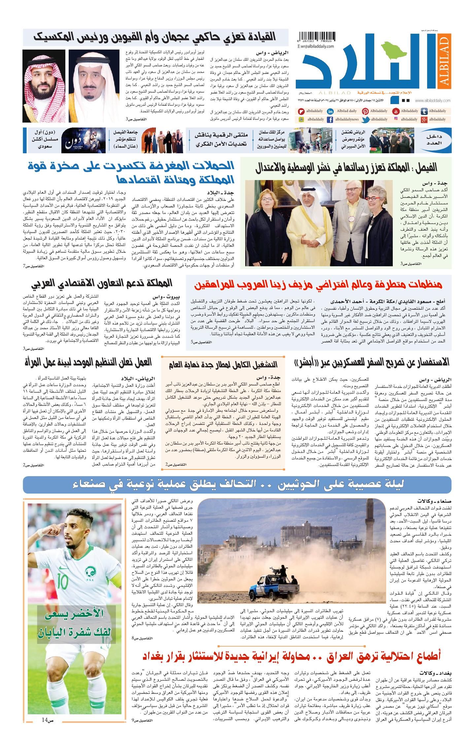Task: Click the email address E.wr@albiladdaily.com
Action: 316,47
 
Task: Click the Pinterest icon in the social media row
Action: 365,111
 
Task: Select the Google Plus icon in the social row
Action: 425,120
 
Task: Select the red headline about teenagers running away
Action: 318,284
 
